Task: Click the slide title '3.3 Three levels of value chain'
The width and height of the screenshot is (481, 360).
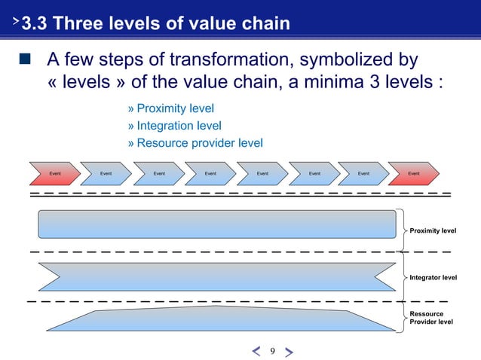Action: click(155, 24)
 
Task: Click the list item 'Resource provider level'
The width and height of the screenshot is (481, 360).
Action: click(199, 143)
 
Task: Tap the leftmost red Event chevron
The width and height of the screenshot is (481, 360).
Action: click(54, 173)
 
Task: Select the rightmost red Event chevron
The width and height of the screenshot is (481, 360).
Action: click(413, 173)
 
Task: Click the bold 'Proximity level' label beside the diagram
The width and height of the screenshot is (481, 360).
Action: click(433, 228)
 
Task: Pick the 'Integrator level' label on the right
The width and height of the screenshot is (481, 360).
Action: click(433, 278)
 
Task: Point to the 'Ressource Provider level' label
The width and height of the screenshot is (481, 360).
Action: click(431, 317)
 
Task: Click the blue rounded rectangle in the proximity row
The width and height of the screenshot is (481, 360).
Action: click(216, 224)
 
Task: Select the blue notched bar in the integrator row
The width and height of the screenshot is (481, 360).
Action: click(216, 276)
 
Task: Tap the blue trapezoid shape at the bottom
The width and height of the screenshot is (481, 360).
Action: click(219, 319)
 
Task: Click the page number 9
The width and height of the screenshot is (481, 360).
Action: click(272, 350)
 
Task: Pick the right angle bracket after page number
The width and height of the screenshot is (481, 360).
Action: click(290, 351)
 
